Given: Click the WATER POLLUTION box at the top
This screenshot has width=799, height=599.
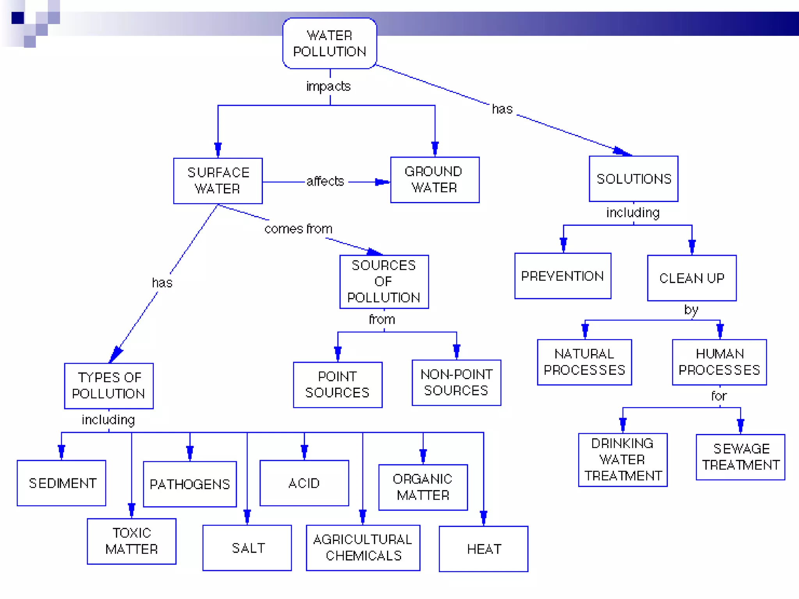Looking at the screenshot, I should [x=330, y=43].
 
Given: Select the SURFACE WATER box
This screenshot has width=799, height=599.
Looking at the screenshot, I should [x=218, y=181].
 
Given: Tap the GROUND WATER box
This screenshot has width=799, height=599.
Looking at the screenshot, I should [x=435, y=180].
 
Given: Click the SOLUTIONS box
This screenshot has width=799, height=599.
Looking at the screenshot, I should [x=634, y=179].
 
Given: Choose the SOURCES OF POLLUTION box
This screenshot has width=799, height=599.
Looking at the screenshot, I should [x=384, y=282].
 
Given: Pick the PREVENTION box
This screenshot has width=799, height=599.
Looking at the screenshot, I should [x=563, y=276].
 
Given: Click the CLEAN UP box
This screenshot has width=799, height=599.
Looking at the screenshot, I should [x=692, y=278].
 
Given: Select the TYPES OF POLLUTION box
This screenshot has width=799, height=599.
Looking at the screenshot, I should [x=109, y=386].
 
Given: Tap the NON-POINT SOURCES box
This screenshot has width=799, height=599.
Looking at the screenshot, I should [x=456, y=383].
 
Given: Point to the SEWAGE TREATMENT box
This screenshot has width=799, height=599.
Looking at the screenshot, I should [x=740, y=457].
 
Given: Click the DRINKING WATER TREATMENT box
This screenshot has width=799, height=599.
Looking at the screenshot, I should [x=623, y=460].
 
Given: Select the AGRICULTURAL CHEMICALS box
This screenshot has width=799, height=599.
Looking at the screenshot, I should [x=363, y=548].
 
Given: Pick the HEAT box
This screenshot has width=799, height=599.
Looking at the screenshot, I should [x=483, y=549].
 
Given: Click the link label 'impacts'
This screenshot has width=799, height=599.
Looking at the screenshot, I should [x=328, y=86].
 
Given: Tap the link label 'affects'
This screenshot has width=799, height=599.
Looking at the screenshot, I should [x=325, y=181].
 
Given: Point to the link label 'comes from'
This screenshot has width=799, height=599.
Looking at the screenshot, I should [x=298, y=229].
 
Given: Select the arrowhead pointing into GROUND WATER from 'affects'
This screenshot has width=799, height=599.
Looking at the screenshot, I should [x=381, y=182].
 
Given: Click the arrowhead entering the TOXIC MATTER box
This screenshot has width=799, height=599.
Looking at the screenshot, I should [x=131, y=509].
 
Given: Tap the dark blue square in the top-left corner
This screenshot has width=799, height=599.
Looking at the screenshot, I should [x=18, y=18].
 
